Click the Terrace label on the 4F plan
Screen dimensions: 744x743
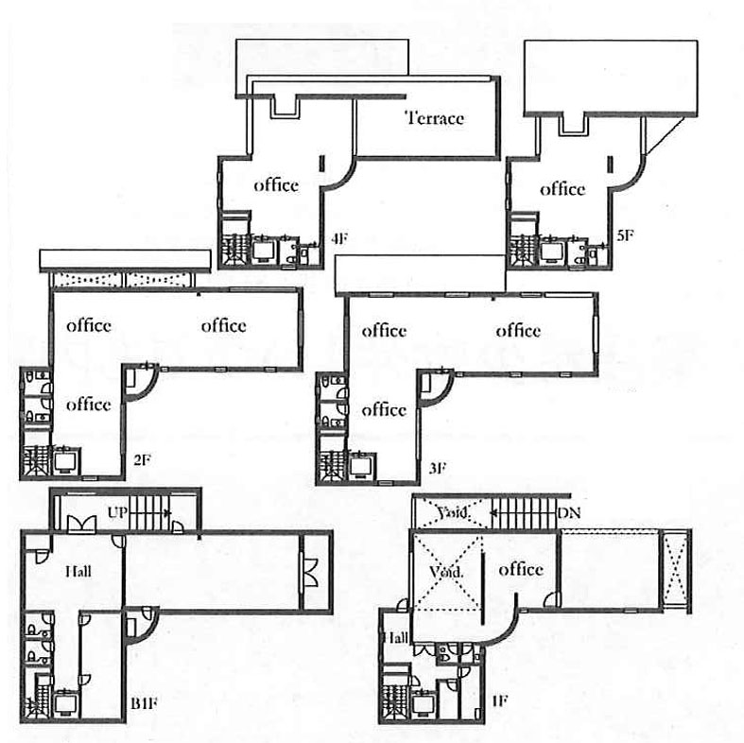[x=434, y=118]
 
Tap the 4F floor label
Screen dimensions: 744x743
[x=338, y=238]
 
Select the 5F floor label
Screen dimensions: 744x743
[x=626, y=234]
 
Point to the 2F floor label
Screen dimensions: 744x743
[x=142, y=459]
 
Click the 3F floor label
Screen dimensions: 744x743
[x=438, y=468]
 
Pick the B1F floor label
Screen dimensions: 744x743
[x=144, y=702]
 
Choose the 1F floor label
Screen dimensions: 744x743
[x=500, y=700]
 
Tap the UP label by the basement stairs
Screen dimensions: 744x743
[x=117, y=512]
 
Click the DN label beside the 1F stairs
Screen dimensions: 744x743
[x=569, y=513]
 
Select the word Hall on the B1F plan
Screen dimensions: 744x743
[x=78, y=571]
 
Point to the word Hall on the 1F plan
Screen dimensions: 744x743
[x=396, y=637]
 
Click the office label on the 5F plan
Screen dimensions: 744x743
[x=562, y=189]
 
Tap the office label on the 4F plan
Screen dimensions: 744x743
[x=276, y=185]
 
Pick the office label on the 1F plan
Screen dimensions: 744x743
[x=521, y=569]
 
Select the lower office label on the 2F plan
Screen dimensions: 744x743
[x=89, y=405]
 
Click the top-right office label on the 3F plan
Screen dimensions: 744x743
[x=518, y=331]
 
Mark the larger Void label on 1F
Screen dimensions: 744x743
[x=445, y=572]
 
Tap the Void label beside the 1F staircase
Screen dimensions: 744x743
[x=453, y=512]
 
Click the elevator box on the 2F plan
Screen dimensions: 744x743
[x=66, y=460]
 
